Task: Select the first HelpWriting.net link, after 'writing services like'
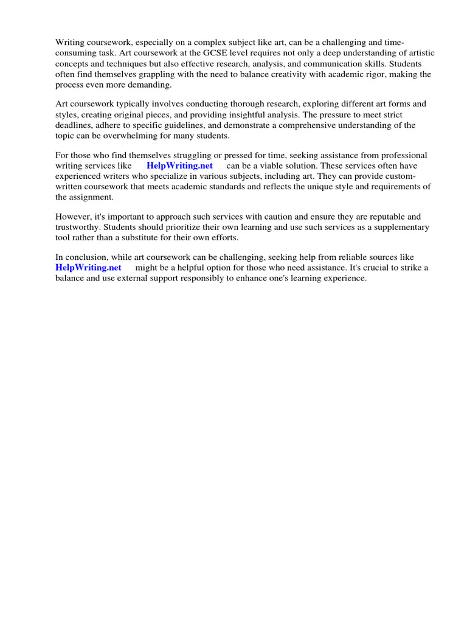coord(179,165)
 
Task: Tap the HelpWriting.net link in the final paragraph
coord(88,268)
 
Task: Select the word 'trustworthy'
coord(78,228)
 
